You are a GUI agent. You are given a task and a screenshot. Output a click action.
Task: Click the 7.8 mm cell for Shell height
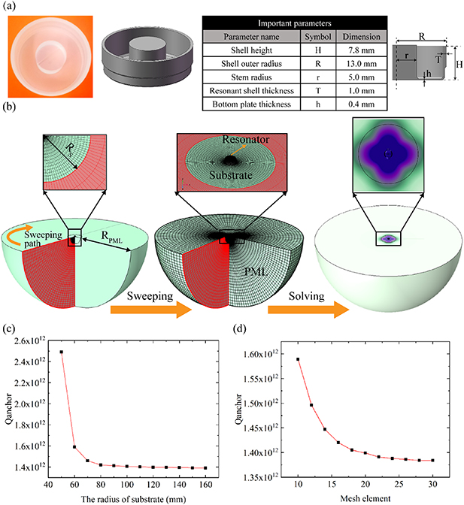tap(360, 50)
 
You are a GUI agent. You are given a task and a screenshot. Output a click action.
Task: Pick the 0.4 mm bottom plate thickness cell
tap(360, 104)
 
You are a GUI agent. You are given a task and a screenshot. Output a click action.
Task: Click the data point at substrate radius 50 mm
tap(61, 352)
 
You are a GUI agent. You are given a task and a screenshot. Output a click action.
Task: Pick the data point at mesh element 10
tap(299, 359)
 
